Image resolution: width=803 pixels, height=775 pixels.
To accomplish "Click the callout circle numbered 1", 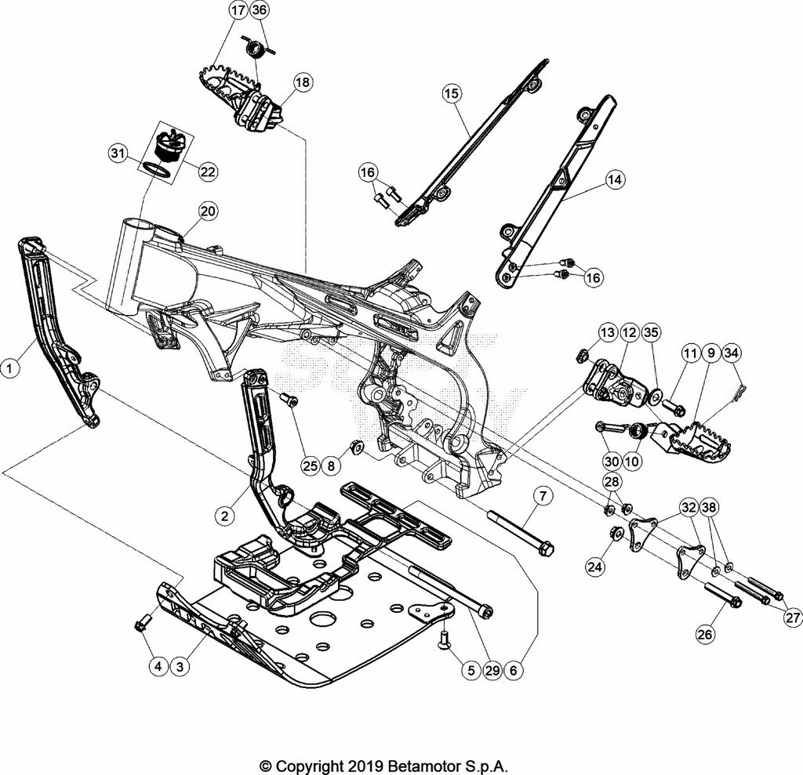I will (x=10, y=366).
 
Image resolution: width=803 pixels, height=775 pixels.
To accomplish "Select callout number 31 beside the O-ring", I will (x=118, y=154).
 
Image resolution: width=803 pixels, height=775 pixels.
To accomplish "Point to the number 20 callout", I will (x=208, y=211).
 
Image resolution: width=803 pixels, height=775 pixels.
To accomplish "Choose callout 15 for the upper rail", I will (x=451, y=93).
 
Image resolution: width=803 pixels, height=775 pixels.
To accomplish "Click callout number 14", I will (x=616, y=179).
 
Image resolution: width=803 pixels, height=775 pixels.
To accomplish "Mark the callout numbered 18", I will (x=303, y=81).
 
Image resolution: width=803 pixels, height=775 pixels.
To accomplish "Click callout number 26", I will (x=705, y=634).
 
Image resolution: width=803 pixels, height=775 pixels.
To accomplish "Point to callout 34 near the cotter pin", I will (x=731, y=353).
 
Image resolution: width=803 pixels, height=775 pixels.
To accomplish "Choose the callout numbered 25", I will (x=310, y=465).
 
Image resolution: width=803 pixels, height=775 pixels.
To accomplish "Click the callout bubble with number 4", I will (x=158, y=667).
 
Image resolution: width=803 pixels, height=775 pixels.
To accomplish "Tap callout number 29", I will (x=493, y=671).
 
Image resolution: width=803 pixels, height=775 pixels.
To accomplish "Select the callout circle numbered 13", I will (x=609, y=332).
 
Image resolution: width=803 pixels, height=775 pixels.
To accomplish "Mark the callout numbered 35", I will (x=651, y=332).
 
